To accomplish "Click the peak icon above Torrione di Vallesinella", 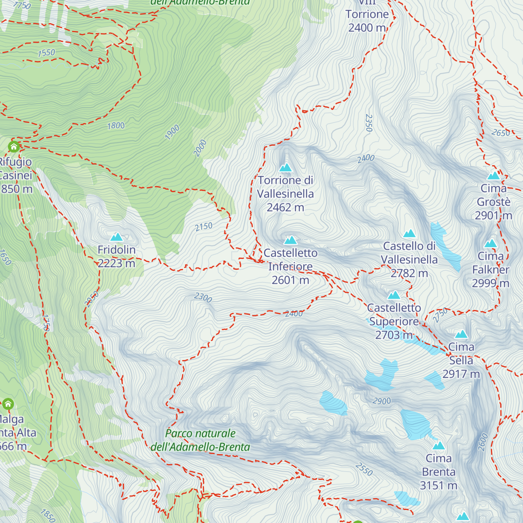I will pos(285,167).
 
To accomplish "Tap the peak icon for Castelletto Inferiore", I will pos(291,240).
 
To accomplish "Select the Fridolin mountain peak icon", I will pos(116,237).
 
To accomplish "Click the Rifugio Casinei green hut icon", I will pos(14,146).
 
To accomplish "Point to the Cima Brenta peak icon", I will pos(438,445).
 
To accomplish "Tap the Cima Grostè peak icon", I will pos(493,176).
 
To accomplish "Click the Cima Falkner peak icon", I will pos(491,244).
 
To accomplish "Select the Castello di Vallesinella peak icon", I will pos(409,234).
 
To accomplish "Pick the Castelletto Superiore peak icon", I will pos(394,295).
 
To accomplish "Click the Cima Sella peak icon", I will pos(461,334).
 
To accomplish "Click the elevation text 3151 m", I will pos(438,486).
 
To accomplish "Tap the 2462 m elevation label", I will pos(285,207).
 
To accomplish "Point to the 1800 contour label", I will pos(116,126).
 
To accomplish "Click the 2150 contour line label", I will pos(204,227).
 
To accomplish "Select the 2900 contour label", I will pos(381,401).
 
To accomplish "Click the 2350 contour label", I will pos(369,123).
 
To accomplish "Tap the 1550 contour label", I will pos(46,53).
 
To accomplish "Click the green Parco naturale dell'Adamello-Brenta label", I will pos(200,440).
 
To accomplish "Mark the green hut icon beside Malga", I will pos(8,404).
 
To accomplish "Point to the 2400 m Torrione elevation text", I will pos(367,28).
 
